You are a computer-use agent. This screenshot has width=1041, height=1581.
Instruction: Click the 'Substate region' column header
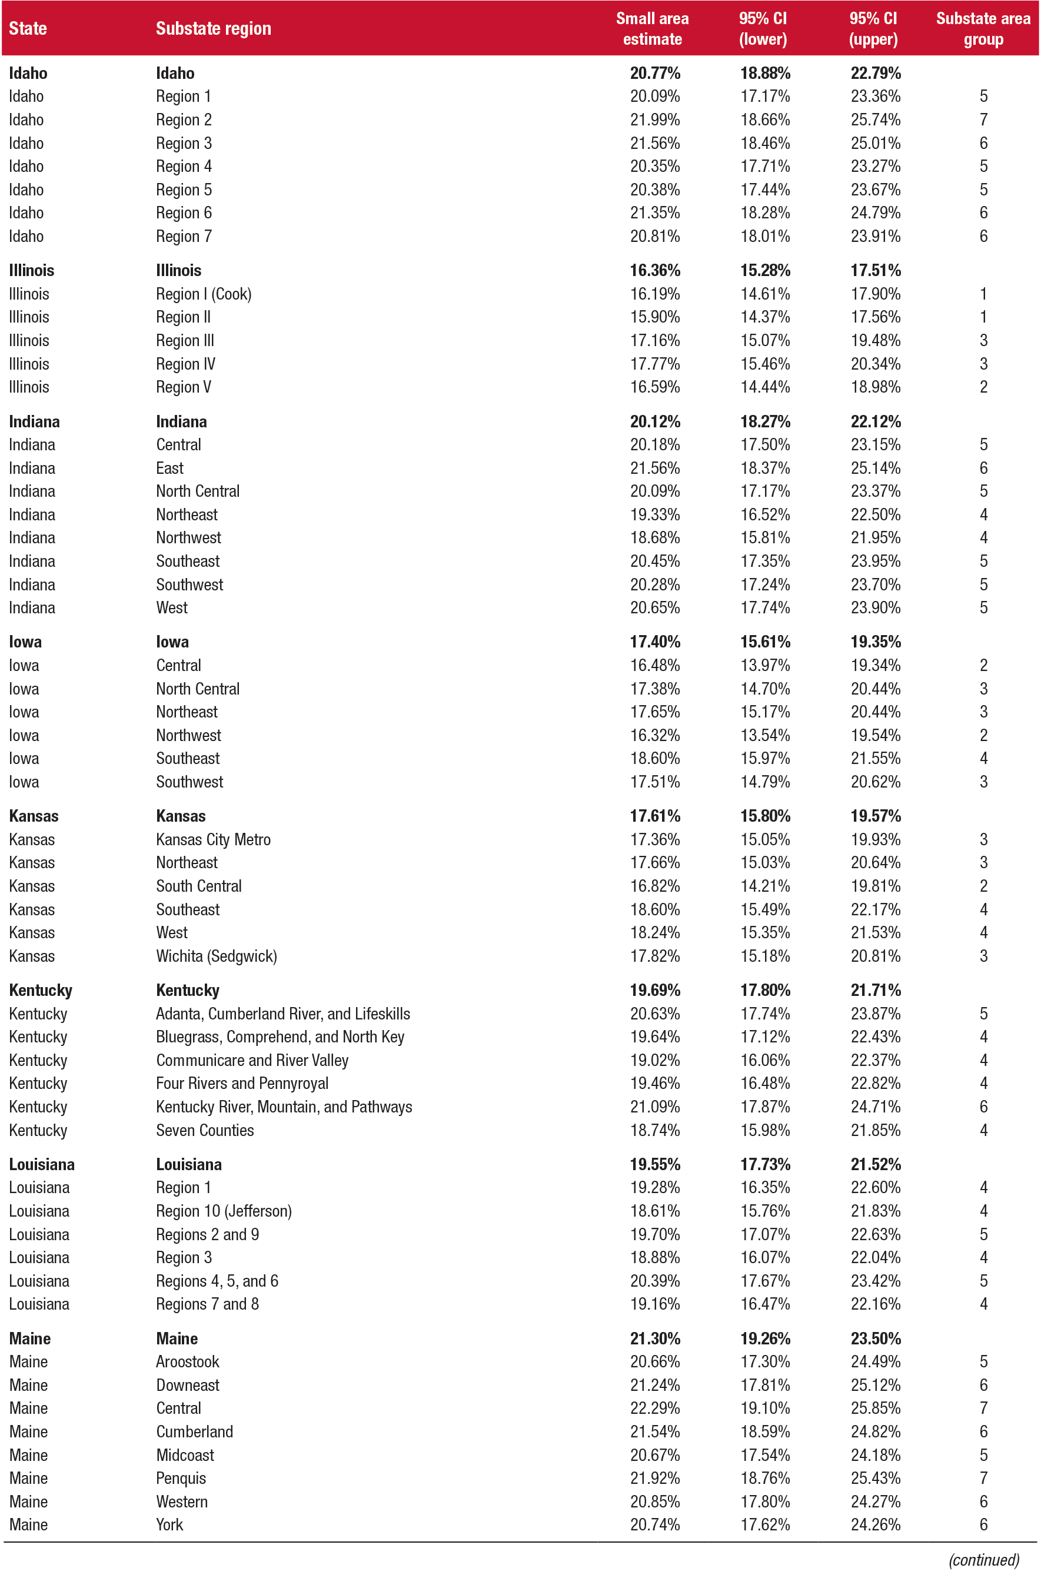point(213,29)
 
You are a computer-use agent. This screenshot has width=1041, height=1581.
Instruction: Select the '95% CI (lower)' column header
point(763,29)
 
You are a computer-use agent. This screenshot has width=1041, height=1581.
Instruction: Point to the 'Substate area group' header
point(983,29)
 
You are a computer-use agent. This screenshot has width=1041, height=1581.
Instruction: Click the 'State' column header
point(28,29)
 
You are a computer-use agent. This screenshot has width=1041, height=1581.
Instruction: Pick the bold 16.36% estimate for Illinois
point(654,270)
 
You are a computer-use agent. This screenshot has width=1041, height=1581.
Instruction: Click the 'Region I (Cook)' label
point(203,294)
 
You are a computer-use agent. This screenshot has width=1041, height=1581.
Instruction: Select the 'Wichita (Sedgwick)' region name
point(216,956)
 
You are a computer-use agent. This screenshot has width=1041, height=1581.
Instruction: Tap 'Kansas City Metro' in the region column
point(213,840)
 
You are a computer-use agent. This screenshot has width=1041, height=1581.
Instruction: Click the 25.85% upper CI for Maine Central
point(875,1409)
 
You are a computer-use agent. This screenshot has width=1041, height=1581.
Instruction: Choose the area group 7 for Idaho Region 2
point(983,119)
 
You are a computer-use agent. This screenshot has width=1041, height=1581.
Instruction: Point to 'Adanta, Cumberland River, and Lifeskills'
point(282,1014)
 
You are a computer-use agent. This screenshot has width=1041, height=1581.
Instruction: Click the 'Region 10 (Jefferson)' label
point(224,1211)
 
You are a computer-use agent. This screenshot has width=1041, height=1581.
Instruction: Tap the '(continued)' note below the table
point(983,1560)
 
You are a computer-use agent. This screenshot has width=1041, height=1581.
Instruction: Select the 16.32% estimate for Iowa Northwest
point(654,735)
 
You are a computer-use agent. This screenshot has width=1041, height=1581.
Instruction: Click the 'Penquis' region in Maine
point(181,1478)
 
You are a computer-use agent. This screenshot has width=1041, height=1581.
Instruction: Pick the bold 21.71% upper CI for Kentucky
point(875,991)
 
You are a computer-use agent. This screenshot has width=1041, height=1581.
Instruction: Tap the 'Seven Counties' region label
point(205,1130)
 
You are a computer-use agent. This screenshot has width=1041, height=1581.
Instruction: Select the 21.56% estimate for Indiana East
point(654,469)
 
